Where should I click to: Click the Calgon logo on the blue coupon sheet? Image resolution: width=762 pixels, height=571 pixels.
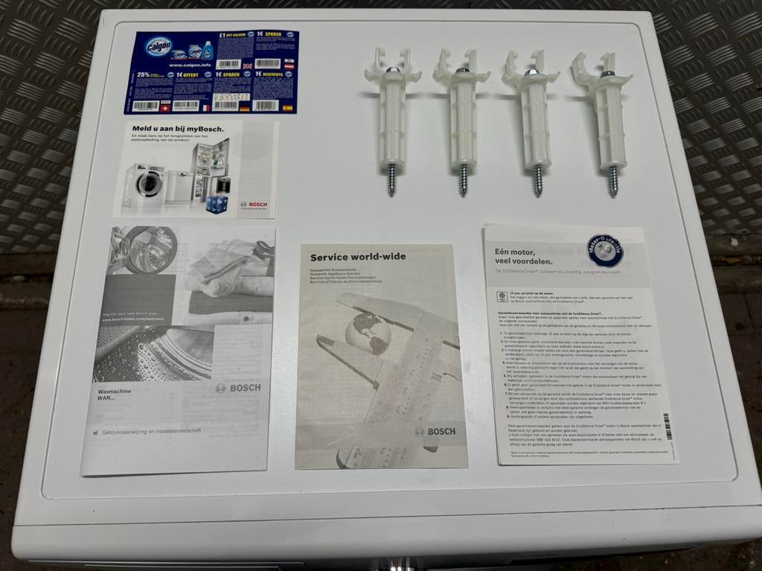click(159, 46)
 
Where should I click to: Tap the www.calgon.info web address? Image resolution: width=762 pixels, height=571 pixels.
click(182, 65)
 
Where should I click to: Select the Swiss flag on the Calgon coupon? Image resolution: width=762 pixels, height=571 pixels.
click(166, 106)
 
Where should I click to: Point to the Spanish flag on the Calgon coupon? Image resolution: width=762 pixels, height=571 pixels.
click(286, 108)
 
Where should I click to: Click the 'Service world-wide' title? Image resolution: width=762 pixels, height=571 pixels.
click(358, 257)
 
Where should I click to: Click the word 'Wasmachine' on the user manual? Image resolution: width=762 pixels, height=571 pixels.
click(118, 390)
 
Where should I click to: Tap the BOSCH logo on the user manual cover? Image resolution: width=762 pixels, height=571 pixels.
click(238, 388)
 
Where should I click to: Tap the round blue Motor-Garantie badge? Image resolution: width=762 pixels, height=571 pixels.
click(604, 251)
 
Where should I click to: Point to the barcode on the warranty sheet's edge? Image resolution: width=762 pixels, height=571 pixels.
click(667, 427)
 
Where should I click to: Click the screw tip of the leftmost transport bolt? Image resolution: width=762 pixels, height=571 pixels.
click(391, 180)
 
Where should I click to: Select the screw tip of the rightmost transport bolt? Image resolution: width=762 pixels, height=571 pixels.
click(613, 181)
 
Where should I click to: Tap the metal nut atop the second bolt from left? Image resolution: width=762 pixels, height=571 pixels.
click(462, 71)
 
